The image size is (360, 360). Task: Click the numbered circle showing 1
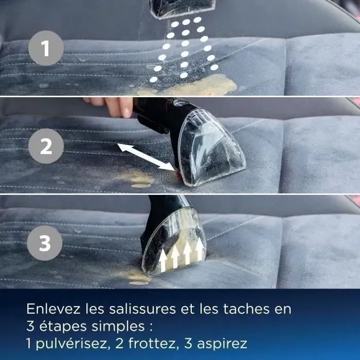(x=46, y=49)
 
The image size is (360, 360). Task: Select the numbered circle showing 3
(x=46, y=243)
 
